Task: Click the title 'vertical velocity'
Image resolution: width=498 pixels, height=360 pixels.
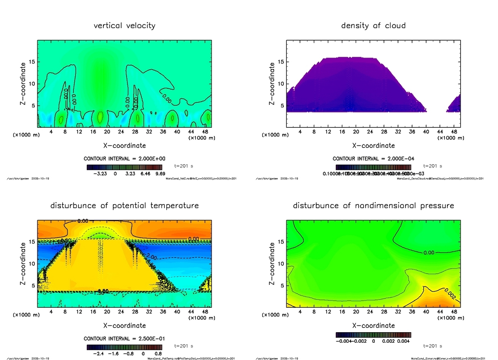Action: pyautogui.click(x=124, y=26)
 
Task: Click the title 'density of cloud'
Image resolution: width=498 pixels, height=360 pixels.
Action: pyautogui.click(x=373, y=26)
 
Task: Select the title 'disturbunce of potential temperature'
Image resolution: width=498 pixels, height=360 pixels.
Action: pyautogui.click(x=124, y=206)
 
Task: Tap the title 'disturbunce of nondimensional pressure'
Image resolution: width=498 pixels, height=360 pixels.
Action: pyautogui.click(x=373, y=206)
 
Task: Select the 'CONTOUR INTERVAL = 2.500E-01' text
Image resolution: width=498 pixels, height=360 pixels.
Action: pyautogui.click(x=124, y=338)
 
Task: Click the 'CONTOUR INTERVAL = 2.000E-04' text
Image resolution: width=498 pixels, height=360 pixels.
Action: pyautogui.click(x=373, y=159)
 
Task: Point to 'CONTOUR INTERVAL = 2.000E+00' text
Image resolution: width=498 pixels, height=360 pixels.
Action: pyautogui.click(x=124, y=159)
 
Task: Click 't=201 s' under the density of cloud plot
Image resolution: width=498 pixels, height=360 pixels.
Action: pyautogui.click(x=432, y=166)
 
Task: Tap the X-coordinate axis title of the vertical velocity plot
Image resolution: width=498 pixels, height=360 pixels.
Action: pyautogui.click(x=124, y=146)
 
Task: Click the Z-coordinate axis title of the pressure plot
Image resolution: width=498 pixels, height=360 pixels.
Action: pyautogui.click(x=273, y=263)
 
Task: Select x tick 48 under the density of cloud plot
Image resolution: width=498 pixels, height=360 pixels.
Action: pyautogui.click(x=454, y=131)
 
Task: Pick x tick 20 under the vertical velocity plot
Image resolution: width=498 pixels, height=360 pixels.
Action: pyautogui.click(x=107, y=131)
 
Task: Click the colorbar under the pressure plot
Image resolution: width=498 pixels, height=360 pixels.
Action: pyautogui.click(x=373, y=334)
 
